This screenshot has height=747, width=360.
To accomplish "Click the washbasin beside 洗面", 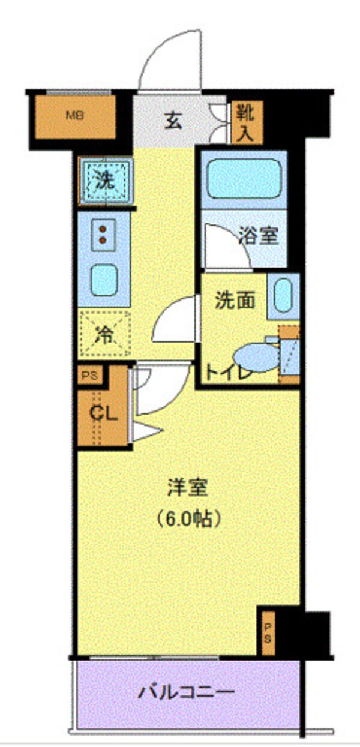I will tap(283, 296).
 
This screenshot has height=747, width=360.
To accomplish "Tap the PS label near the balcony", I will tap(268, 632).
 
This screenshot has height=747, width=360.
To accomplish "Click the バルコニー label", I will tap(187, 694).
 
